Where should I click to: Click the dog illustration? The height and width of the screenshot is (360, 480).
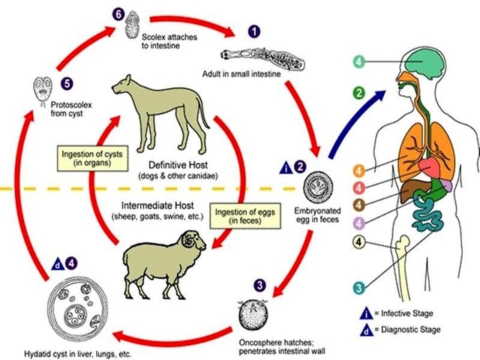pyautogui.click(x=159, y=116)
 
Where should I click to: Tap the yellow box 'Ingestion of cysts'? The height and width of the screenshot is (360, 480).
pyautogui.click(x=92, y=158)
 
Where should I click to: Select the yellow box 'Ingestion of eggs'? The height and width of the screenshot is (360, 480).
pyautogui.click(x=245, y=216)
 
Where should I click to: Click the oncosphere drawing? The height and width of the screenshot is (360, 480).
pyautogui.click(x=253, y=315)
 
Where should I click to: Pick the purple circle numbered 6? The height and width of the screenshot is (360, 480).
pyautogui.click(x=118, y=15)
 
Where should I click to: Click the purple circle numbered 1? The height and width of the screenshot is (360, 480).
pyautogui.click(x=254, y=31)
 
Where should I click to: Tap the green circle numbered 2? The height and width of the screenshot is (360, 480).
pyautogui.click(x=358, y=92)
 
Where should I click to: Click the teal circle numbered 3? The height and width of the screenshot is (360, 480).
pyautogui.click(x=358, y=288)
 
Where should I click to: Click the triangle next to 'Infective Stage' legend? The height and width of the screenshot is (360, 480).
pyautogui.click(x=367, y=313)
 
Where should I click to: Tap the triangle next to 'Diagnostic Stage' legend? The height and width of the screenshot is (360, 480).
pyautogui.click(x=367, y=330)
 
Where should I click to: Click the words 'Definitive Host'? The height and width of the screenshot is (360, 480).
pyautogui.click(x=178, y=165)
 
